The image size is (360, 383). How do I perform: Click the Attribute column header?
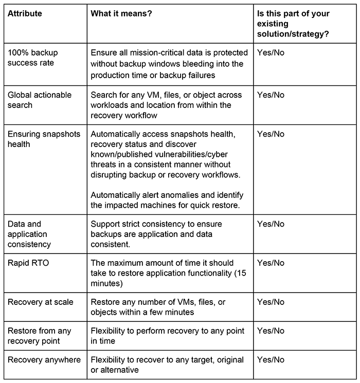click(25, 14)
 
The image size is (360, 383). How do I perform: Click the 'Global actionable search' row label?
click(40, 100)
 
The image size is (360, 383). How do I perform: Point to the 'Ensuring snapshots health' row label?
click(44, 139)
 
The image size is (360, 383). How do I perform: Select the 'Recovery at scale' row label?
click(40, 302)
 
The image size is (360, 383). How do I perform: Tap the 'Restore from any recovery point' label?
click(39, 336)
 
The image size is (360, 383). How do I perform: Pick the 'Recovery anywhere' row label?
click(44, 359)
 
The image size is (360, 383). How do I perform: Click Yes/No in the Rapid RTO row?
click(271, 263)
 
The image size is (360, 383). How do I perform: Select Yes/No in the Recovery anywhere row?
click(271, 359)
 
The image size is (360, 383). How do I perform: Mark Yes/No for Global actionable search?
click(271, 95)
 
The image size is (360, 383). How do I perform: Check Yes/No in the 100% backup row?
click(271, 52)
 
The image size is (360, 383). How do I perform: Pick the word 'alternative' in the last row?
click(118, 370)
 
